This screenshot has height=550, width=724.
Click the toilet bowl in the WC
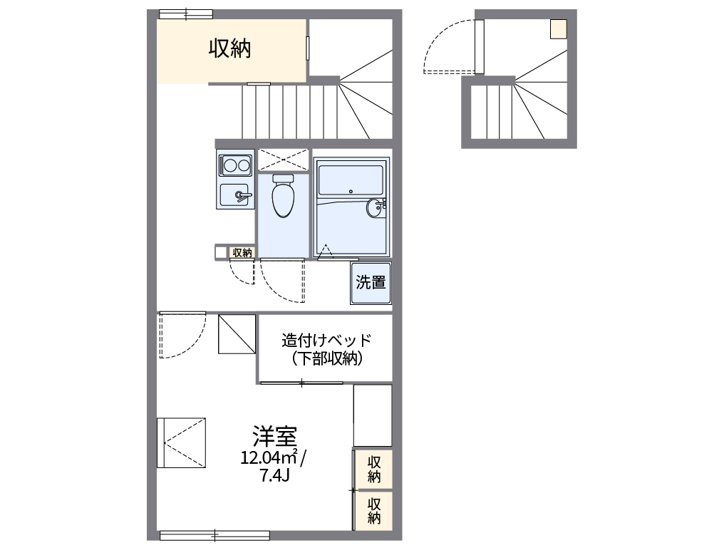284,197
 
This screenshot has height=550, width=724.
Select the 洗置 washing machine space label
371,283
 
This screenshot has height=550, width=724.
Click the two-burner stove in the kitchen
236,166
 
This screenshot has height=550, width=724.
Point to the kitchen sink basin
235,194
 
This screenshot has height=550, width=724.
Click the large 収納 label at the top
229,48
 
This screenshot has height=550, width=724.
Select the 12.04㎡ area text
270,458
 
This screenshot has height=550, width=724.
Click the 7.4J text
274,475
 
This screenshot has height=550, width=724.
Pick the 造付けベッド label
326,340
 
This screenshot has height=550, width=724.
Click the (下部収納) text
326,359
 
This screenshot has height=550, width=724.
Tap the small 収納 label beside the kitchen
242,252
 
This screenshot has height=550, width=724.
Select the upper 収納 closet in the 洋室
374,469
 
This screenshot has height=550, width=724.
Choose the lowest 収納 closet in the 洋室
374,510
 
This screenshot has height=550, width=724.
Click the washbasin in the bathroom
376,208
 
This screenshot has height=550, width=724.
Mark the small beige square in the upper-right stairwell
558,28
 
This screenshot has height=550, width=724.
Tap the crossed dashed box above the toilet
283,160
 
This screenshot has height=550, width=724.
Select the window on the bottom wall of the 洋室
214,534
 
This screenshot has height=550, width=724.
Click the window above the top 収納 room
185,14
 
